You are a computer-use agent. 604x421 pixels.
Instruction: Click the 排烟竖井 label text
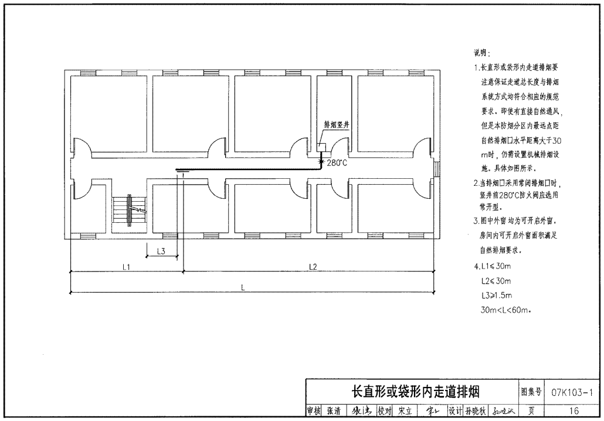point(337,125)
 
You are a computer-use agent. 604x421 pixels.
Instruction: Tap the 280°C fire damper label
point(337,162)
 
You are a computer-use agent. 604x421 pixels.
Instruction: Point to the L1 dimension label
point(126,267)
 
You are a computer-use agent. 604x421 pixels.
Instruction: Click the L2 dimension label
point(313,267)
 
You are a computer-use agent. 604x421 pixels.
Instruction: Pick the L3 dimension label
point(161,251)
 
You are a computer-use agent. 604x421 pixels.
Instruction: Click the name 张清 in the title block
point(332,410)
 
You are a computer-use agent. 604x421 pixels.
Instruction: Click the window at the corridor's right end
point(436,169)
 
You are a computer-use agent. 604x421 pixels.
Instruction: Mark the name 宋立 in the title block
point(404,410)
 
